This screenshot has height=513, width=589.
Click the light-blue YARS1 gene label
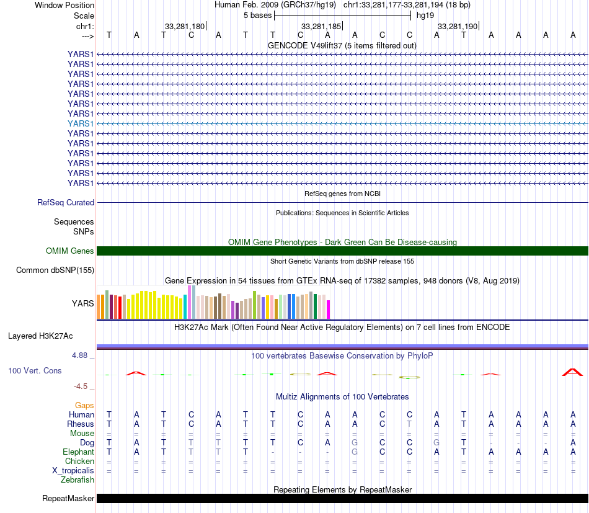pos(81,123)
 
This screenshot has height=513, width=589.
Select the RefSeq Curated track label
pos(66,202)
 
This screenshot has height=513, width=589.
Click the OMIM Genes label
pos(70,251)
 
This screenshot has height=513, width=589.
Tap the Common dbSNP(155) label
pos(55,270)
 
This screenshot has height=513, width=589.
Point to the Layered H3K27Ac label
pos(40,336)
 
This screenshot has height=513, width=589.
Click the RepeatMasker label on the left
pos(68,499)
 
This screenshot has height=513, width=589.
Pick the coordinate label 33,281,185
pos(321,27)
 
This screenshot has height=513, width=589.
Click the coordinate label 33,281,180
pos(184,27)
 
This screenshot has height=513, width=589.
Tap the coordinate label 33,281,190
pos(458,27)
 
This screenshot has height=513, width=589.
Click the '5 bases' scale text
pos(257,15)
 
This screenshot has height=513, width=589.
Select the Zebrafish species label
pos(77,480)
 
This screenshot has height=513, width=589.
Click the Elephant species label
pos(79,452)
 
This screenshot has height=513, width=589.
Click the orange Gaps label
pos(84,406)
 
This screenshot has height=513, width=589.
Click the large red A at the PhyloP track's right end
pos(573,372)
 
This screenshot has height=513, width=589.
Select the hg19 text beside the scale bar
pos(425,15)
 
